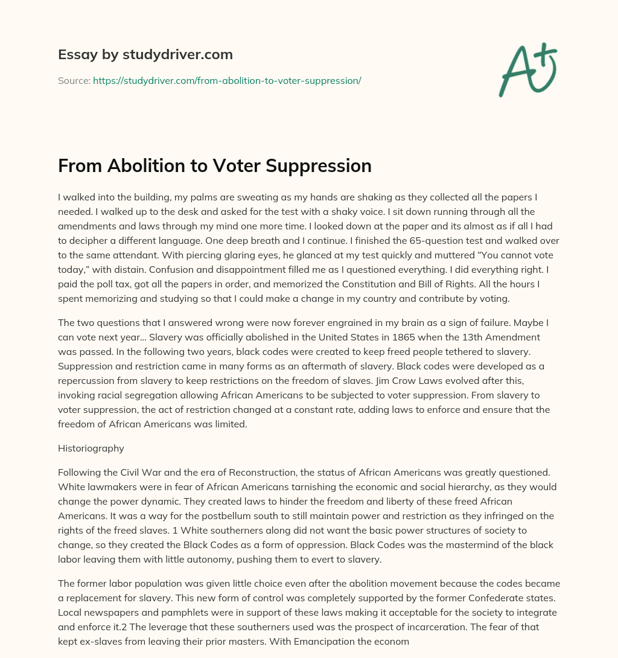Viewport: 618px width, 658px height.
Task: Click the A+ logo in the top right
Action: (x=527, y=69)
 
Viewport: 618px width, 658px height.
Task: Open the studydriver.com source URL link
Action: (x=227, y=80)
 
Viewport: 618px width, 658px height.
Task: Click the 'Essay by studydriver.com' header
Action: (x=145, y=55)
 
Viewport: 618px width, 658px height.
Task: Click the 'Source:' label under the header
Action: (x=74, y=80)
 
